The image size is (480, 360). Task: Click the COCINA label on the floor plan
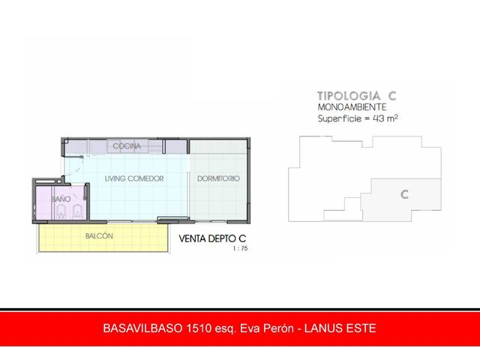click(x=127, y=146)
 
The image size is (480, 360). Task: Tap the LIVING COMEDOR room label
click(x=134, y=178)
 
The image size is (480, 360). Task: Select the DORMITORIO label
click(x=218, y=178)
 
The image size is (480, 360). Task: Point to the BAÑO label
click(x=61, y=199)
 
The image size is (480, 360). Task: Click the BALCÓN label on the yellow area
click(x=99, y=236)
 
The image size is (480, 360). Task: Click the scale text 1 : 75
click(x=240, y=248)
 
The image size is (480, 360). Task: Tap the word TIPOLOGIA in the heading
click(x=349, y=96)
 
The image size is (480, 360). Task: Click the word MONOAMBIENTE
click(x=352, y=107)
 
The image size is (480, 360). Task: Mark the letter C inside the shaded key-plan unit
click(x=404, y=194)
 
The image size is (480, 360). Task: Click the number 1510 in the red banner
click(x=199, y=328)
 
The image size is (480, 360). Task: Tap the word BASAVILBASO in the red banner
click(x=142, y=328)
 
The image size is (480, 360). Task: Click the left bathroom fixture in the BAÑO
click(x=61, y=212)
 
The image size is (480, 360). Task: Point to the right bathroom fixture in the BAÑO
click(x=78, y=212)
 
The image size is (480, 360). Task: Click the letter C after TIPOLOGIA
click(x=392, y=96)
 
